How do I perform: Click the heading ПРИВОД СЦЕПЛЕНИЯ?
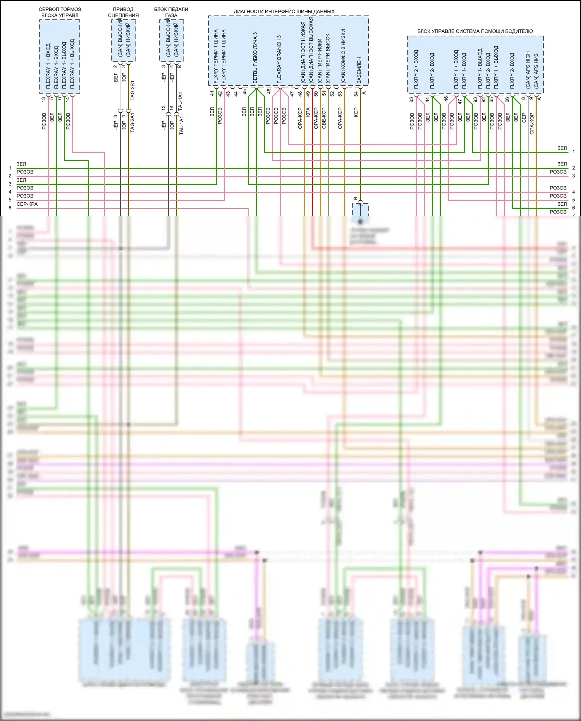[123, 12]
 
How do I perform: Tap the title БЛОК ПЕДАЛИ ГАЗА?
[171, 12]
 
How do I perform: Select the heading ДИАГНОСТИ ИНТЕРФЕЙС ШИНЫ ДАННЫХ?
[284, 12]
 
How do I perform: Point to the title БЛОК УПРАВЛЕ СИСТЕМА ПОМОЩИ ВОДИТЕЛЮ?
[475, 31]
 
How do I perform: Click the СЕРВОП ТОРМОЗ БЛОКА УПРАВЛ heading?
[60, 12]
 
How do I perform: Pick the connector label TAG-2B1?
[132, 91]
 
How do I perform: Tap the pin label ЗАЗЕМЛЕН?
[359, 70]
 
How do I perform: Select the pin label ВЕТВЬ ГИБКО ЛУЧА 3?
[255, 58]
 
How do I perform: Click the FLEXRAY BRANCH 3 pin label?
[279, 59]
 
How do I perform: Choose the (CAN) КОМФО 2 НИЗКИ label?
[343, 56]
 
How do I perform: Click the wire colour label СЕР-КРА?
[27, 204]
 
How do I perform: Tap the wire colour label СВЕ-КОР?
[324, 118]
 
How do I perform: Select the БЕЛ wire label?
[116, 77]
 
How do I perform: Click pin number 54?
[356, 94]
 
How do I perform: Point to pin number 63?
[411, 100]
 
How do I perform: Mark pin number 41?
[212, 94]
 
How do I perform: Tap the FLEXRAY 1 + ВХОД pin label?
[48, 66]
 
